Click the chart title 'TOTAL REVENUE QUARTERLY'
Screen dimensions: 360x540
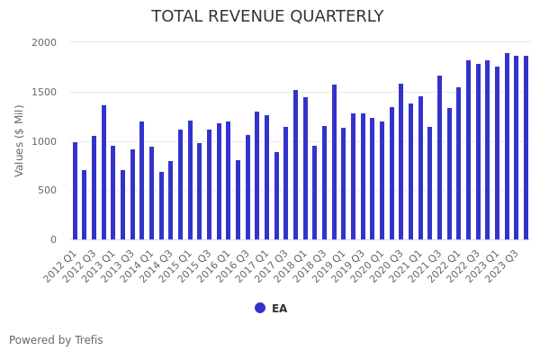(267, 17)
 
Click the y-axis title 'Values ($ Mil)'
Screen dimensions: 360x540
(20, 140)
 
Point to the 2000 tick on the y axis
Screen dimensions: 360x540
(44, 42)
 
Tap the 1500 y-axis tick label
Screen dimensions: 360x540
(44, 92)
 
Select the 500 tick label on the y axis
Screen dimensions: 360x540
(47, 190)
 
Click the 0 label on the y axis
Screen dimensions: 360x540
(53, 239)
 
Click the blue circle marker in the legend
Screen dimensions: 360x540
(260, 308)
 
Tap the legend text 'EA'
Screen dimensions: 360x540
(279, 309)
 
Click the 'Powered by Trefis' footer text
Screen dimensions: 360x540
(56, 340)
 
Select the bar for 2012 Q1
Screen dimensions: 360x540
(75, 191)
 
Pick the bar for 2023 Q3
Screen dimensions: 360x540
(517, 148)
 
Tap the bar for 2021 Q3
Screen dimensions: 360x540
(440, 157)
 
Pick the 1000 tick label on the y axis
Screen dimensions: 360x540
(44, 141)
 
